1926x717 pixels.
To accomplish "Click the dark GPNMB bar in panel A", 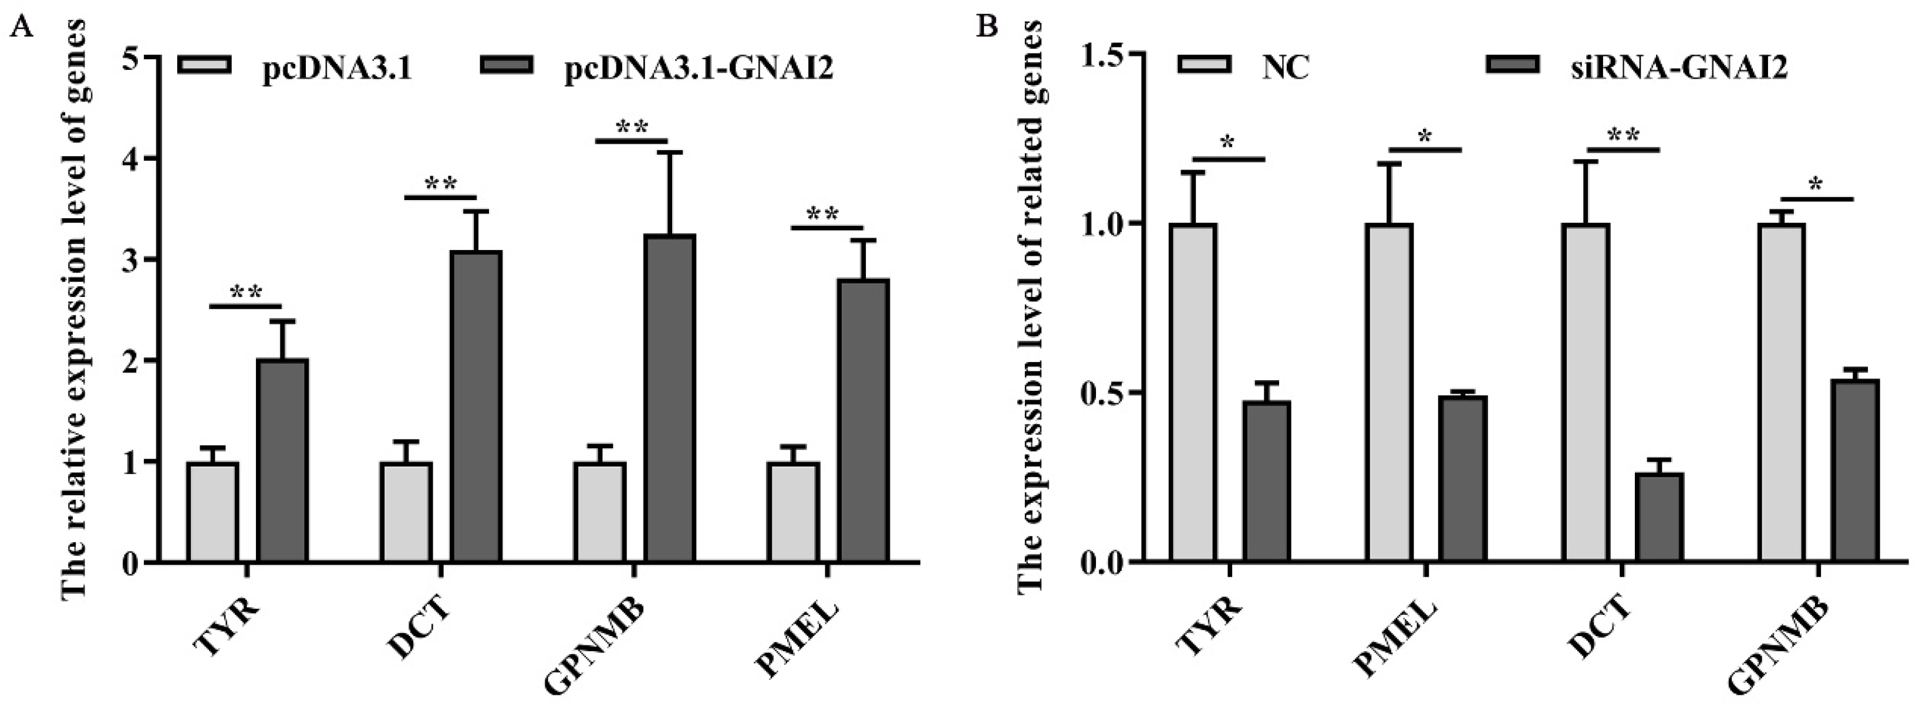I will (x=670, y=398).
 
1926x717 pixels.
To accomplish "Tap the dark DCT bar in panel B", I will (x=1659, y=517).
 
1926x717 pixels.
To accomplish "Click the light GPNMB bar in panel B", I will (x=1782, y=392).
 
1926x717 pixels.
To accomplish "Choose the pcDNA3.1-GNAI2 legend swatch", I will (x=508, y=65).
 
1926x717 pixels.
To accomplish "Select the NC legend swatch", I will (x=1204, y=65).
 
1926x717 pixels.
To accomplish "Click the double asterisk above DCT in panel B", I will (x=1623, y=136).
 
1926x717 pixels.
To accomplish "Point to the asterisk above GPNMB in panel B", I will (x=1817, y=184).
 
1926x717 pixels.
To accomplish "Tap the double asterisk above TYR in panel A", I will (x=246, y=292).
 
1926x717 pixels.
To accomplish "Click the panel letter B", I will (x=989, y=27).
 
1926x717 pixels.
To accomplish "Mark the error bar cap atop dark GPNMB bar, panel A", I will (x=670, y=153).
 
